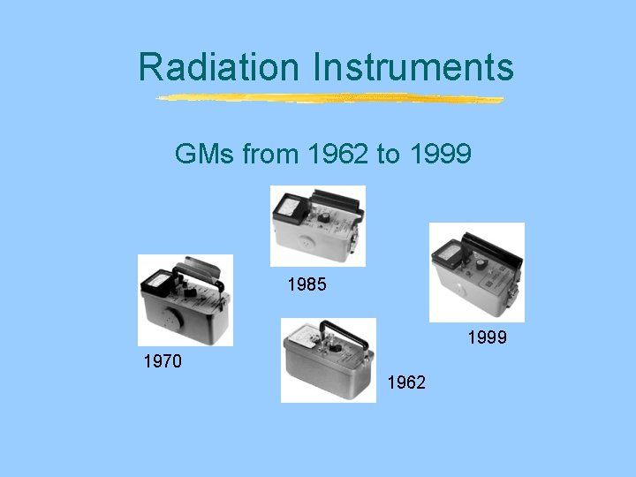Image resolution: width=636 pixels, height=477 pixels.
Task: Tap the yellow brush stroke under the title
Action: coord(329,98)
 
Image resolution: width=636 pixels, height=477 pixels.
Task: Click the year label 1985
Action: coord(307,285)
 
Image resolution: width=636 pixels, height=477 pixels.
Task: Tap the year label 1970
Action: coord(163,360)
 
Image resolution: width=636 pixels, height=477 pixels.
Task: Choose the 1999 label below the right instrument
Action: coord(487,336)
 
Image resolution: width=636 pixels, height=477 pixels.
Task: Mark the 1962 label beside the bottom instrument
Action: coord(406,382)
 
